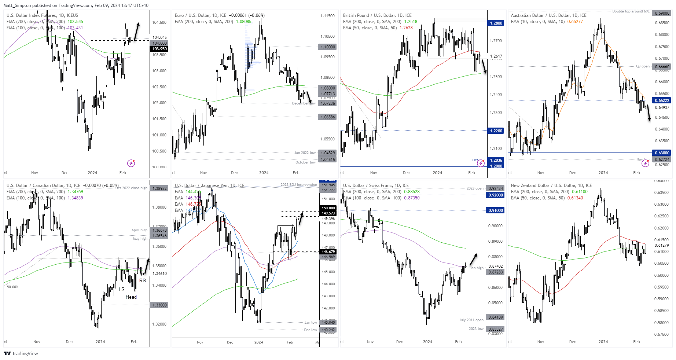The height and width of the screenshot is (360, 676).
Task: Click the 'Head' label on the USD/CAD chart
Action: click(131, 297)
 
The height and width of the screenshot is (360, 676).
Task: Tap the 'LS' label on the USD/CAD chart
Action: click(121, 289)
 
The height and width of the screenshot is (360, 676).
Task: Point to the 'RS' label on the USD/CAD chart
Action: click(142, 280)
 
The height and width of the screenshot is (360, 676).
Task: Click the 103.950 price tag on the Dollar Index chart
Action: click(159, 49)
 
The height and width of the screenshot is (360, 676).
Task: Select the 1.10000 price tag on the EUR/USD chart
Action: click(328, 47)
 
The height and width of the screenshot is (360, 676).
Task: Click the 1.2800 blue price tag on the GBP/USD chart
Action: click(496, 23)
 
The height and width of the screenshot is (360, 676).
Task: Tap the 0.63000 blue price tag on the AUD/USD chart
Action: click(662, 153)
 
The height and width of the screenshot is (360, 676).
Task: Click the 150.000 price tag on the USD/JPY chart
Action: click(328, 208)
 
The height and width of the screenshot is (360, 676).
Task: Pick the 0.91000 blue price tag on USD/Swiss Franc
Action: click(495, 210)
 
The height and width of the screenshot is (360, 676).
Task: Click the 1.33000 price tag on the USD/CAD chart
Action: click(159, 305)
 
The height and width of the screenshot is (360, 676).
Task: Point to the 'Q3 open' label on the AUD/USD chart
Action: click(643, 66)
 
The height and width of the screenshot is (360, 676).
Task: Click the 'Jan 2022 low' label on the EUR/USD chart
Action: click(305, 153)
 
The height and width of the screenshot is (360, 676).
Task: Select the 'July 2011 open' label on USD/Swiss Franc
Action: click(471, 320)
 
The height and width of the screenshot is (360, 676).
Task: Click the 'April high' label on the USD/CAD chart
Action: click(139, 230)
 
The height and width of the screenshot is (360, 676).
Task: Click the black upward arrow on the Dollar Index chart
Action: click(136, 32)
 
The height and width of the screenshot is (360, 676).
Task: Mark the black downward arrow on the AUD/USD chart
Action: click(648, 113)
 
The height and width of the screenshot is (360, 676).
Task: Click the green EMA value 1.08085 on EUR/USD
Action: click(243, 22)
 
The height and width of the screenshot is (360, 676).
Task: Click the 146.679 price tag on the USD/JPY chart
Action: click(328, 252)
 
